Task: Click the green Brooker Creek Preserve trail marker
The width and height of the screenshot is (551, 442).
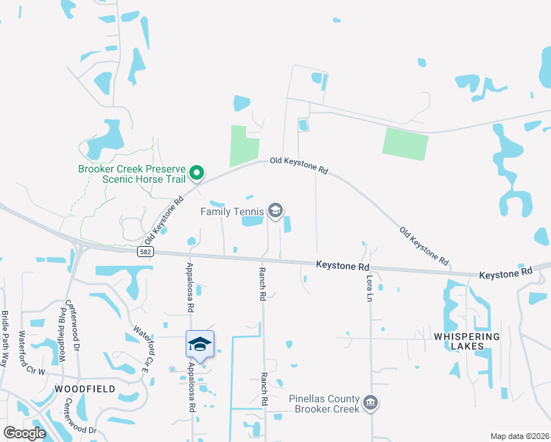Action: (197, 174)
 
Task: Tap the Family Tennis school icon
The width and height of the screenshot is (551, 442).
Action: (275, 211)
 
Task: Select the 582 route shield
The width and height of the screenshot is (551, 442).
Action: (144, 252)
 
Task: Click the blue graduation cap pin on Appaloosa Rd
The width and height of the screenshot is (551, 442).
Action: (200, 344)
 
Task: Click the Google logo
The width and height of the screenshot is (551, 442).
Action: (24, 433)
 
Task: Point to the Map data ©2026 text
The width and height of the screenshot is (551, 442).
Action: (519, 436)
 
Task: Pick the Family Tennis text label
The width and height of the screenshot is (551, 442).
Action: (231, 211)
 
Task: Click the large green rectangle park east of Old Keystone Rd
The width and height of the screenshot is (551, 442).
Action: (404, 143)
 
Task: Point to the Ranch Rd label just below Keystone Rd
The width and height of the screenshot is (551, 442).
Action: (262, 283)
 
